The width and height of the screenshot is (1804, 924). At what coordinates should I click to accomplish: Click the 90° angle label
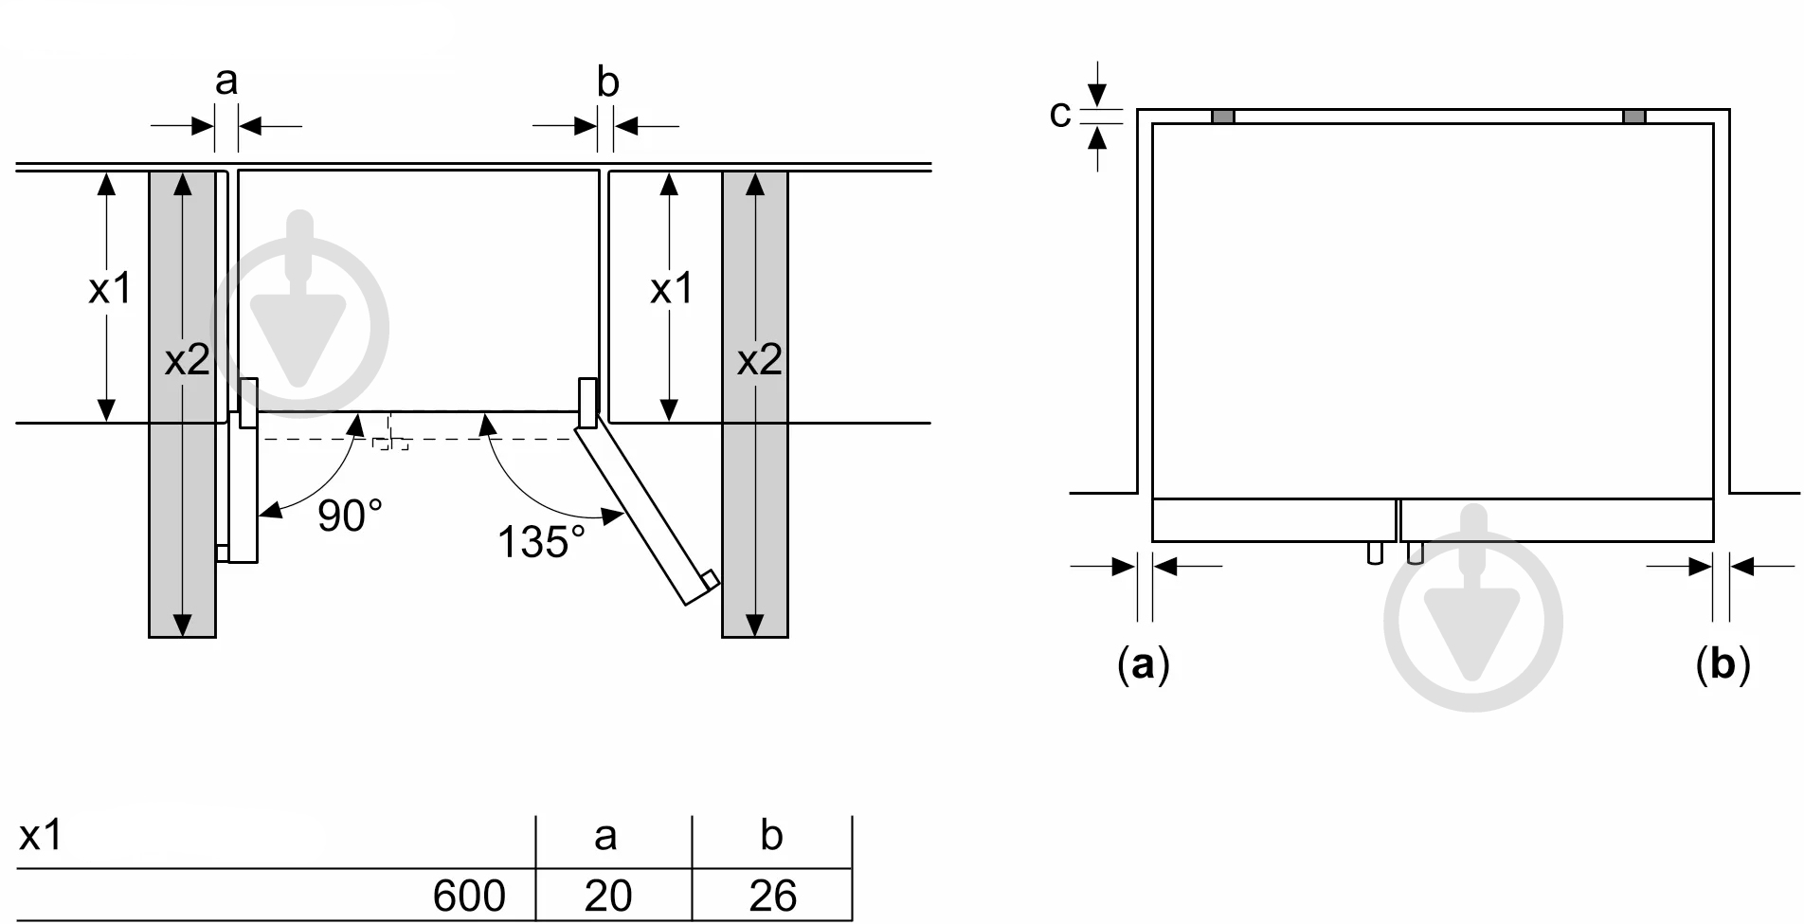pyautogui.click(x=350, y=516)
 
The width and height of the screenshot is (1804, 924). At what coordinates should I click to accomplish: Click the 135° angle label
pyautogui.click(x=541, y=542)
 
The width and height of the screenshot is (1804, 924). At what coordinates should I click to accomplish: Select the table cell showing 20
pyautogui.click(x=607, y=896)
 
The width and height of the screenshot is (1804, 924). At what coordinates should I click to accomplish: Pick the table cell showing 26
pyautogui.click(x=772, y=896)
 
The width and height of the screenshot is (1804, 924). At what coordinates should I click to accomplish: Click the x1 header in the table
pyautogui.click(x=41, y=836)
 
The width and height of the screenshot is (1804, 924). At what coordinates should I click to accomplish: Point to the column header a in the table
pyautogui.click(x=605, y=837)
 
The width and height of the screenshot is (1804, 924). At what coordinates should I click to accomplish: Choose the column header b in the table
pyautogui.click(x=771, y=835)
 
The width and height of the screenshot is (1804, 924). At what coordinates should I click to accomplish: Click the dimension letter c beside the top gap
pyautogui.click(x=1060, y=114)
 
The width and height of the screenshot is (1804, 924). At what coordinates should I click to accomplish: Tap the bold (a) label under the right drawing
pyautogui.click(x=1144, y=664)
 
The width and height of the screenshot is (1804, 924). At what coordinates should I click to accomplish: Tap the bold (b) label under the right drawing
pyautogui.click(x=1723, y=664)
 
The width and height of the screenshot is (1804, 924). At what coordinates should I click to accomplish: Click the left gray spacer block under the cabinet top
pyautogui.click(x=1223, y=117)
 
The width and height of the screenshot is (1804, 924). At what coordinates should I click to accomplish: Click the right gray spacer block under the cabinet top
pyautogui.click(x=1634, y=117)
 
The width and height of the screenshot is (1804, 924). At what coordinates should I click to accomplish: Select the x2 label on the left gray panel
pyautogui.click(x=187, y=360)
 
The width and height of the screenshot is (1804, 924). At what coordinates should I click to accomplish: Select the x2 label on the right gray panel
pyautogui.click(x=760, y=360)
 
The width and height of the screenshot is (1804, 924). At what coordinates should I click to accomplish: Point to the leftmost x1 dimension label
pyautogui.click(x=110, y=288)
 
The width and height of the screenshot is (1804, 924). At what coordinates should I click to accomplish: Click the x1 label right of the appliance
pyautogui.click(x=672, y=288)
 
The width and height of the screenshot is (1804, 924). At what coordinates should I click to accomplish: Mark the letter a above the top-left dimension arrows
pyautogui.click(x=225, y=82)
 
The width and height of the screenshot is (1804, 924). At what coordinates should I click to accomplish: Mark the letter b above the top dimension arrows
pyautogui.click(x=608, y=82)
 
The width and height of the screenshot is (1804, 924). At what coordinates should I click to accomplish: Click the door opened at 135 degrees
pyautogui.click(x=647, y=512)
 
